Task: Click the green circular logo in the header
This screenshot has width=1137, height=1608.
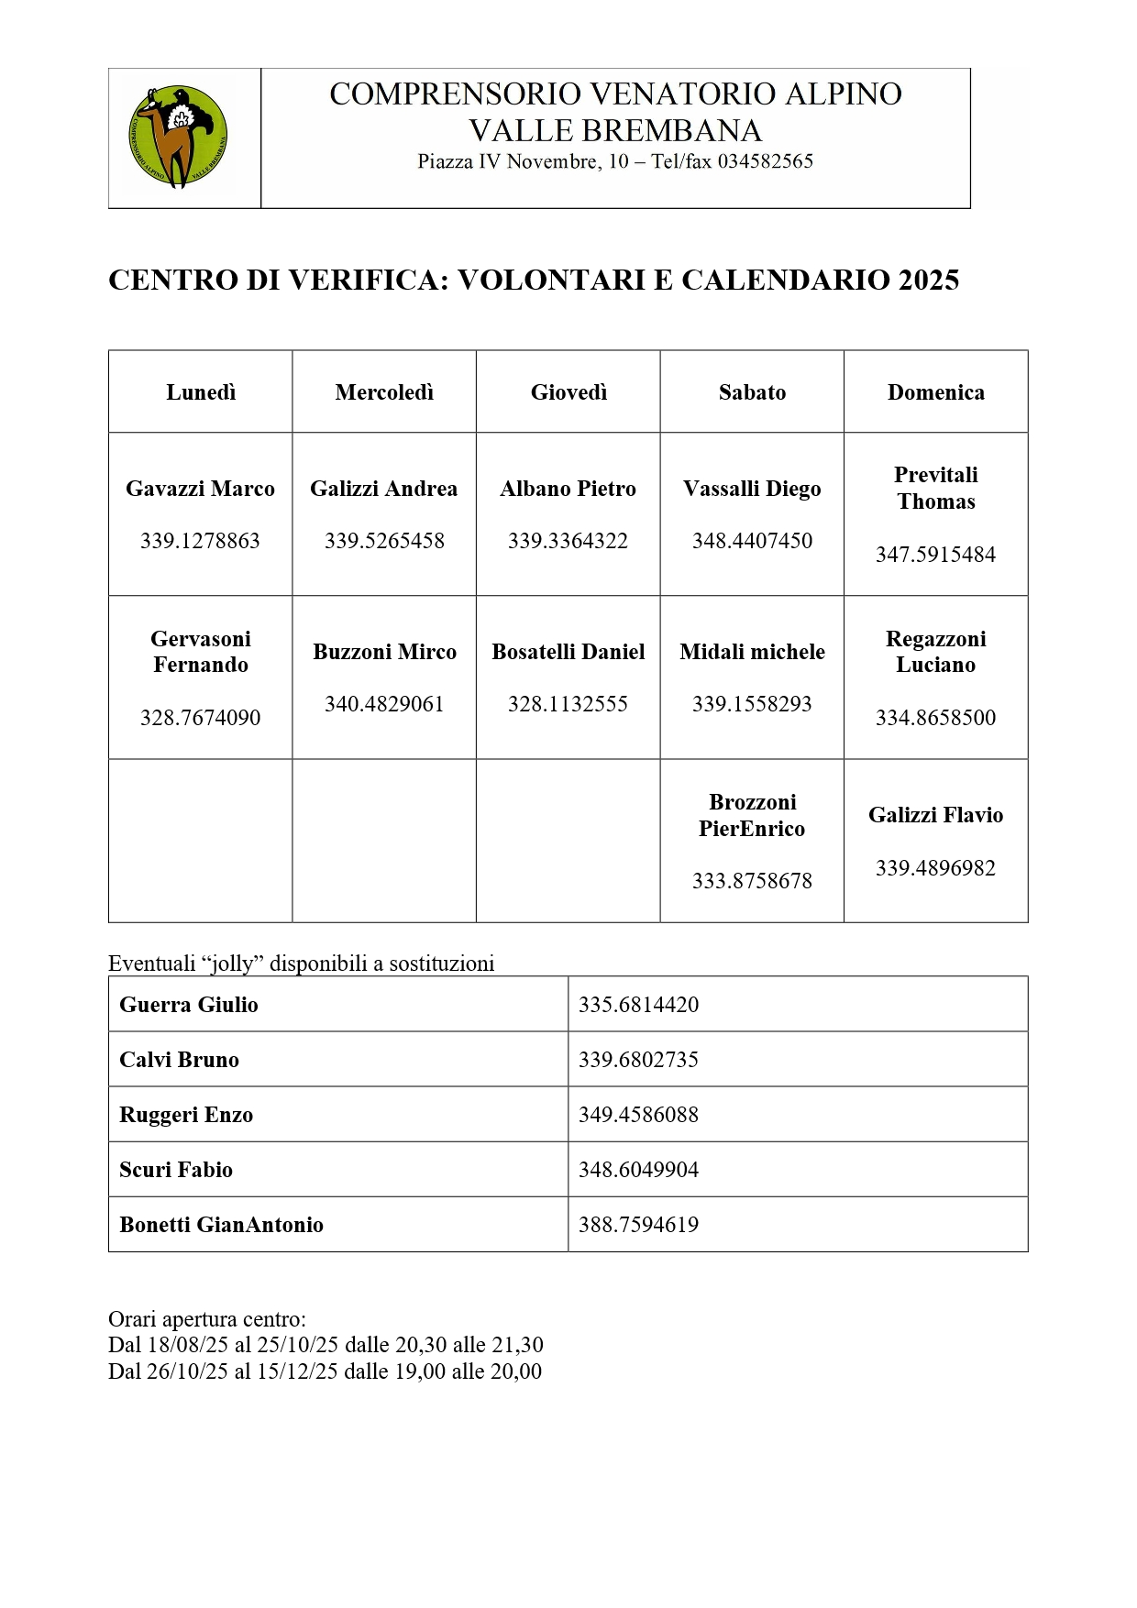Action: (179, 138)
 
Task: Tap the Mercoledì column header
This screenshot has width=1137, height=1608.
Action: (384, 392)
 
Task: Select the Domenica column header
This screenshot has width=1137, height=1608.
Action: (935, 392)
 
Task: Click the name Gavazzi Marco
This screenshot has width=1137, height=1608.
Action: (200, 489)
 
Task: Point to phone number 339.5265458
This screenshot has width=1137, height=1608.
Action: (384, 541)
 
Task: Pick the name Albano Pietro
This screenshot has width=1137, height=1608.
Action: (568, 489)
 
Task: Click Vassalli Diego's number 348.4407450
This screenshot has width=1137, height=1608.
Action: (752, 541)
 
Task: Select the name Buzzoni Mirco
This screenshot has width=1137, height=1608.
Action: (384, 652)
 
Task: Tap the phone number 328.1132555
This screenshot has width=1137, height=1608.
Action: (568, 704)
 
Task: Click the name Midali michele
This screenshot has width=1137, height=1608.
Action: (752, 652)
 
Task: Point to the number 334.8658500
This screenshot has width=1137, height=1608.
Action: (935, 718)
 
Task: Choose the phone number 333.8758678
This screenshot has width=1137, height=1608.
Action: (752, 881)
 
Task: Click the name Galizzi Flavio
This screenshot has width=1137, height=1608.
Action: (935, 815)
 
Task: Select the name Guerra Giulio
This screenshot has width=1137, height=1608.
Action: (189, 1005)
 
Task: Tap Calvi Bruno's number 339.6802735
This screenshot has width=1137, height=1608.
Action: (638, 1060)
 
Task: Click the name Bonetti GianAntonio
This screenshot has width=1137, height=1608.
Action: (221, 1225)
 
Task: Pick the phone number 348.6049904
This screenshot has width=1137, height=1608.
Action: (638, 1170)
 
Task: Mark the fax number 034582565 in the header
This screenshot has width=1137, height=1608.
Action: (765, 162)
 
